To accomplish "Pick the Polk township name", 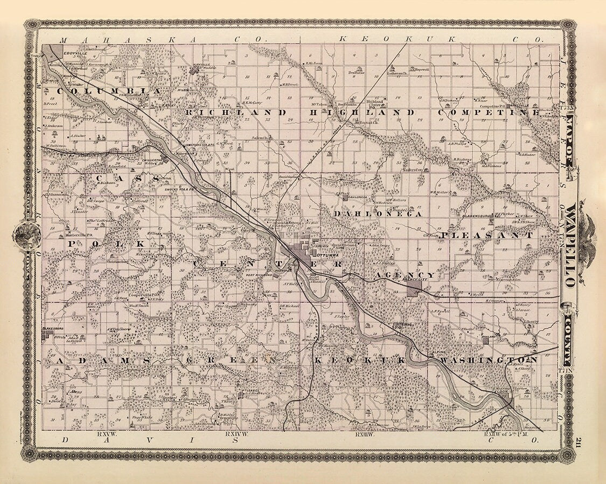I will coord(107,243).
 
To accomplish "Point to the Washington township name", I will coord(488,359).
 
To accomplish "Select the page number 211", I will coord(577,443).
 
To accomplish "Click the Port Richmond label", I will coord(257,275).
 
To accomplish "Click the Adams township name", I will coord(95,360).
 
